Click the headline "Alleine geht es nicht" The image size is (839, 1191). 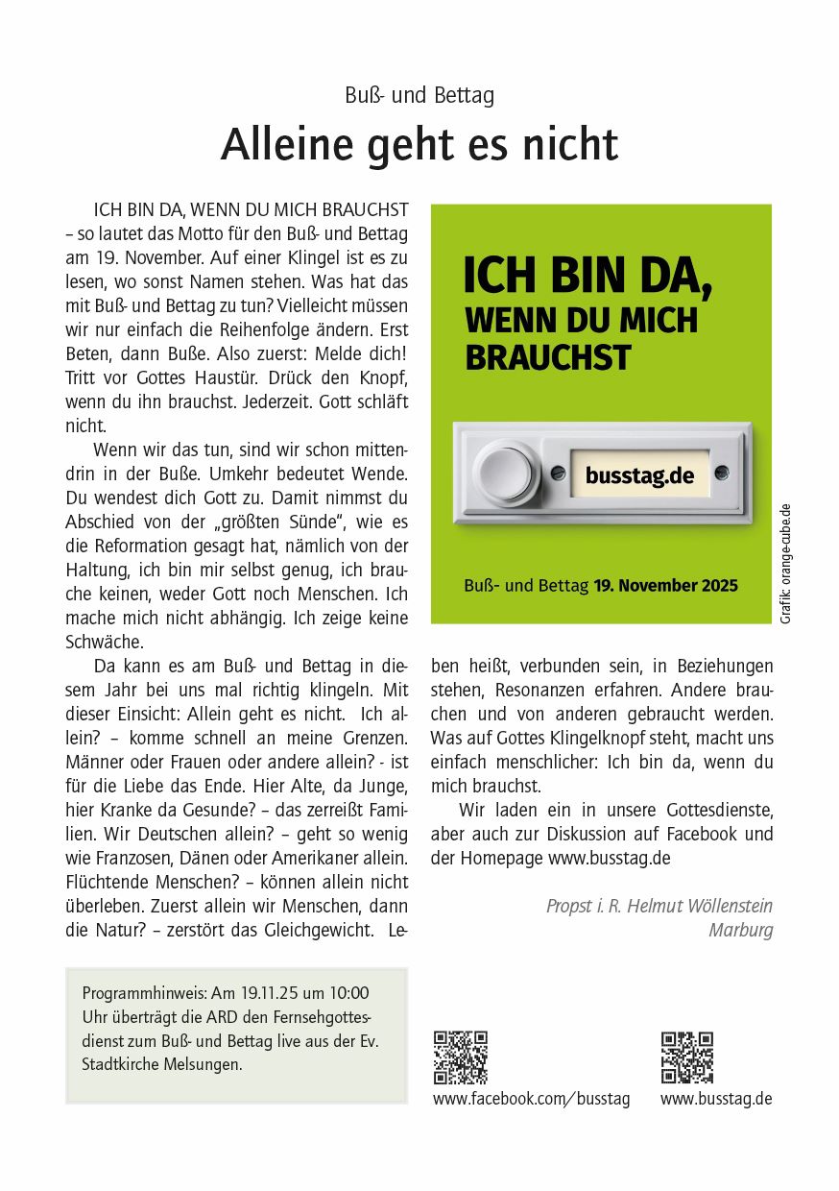[419, 145]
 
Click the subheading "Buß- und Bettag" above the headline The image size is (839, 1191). [419, 96]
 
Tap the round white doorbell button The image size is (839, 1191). [507, 473]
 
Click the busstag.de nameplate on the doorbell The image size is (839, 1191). [639, 474]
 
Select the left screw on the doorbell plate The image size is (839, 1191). [558, 473]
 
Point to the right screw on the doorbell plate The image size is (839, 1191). [722, 473]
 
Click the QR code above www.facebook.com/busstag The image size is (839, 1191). [461, 1057]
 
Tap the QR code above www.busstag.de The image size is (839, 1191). [687, 1057]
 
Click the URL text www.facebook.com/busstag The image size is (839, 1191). [531, 1099]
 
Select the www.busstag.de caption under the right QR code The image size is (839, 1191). [716, 1099]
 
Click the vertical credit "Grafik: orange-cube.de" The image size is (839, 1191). [785, 564]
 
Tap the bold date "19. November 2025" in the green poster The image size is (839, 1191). [665, 585]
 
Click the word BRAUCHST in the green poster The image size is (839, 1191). [548, 357]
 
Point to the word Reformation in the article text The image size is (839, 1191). [135, 546]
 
